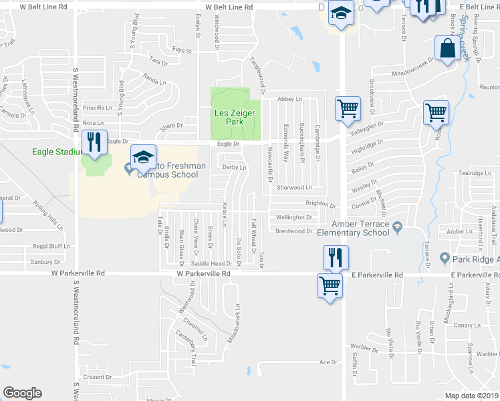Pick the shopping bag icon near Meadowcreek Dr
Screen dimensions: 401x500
pos(447,49)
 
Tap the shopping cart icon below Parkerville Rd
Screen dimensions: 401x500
pos(330,287)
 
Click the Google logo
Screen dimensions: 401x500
pos(22,393)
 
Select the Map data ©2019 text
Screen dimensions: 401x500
pos(471,396)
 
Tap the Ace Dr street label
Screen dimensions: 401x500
pos(328,363)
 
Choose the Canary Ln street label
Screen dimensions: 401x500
pos(463,325)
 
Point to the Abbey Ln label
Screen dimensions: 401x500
pos(289,98)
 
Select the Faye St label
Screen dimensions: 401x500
pos(182,50)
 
